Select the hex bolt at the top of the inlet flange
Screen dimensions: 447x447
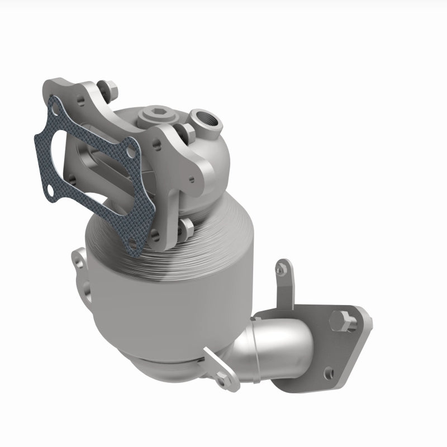[x=108, y=88]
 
